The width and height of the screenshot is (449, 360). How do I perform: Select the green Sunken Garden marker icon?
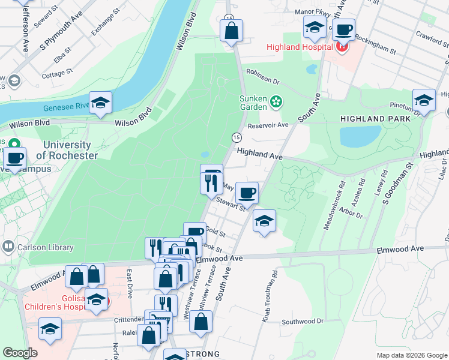tap(276, 102)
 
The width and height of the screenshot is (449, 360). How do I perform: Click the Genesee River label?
tap(66, 108)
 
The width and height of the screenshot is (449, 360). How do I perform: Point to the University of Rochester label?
tap(67, 150)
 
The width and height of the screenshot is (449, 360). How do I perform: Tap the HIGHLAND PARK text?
tap(375, 119)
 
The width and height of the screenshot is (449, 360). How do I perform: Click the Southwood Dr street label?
tap(303, 322)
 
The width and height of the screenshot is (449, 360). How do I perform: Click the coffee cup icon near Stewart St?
tap(247, 193)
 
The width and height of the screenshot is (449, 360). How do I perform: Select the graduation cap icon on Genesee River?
tap(101, 102)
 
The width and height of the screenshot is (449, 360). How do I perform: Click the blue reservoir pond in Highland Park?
tap(360, 136)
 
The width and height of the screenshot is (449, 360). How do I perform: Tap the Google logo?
tap(20, 353)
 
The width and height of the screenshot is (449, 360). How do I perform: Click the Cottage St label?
tap(58, 74)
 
